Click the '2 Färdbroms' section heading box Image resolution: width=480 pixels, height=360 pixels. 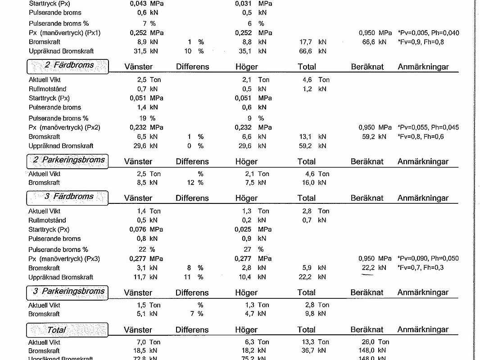68,66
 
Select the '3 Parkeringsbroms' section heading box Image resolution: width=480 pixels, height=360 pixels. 68,292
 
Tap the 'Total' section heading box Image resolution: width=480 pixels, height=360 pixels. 67,330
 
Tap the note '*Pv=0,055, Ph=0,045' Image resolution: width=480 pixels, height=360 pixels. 428,127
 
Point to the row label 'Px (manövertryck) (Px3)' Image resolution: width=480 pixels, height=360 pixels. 64,259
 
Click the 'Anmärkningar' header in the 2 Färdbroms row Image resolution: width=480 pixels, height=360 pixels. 423,67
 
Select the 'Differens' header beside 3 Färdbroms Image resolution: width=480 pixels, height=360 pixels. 192,198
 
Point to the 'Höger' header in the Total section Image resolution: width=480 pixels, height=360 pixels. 246,330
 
